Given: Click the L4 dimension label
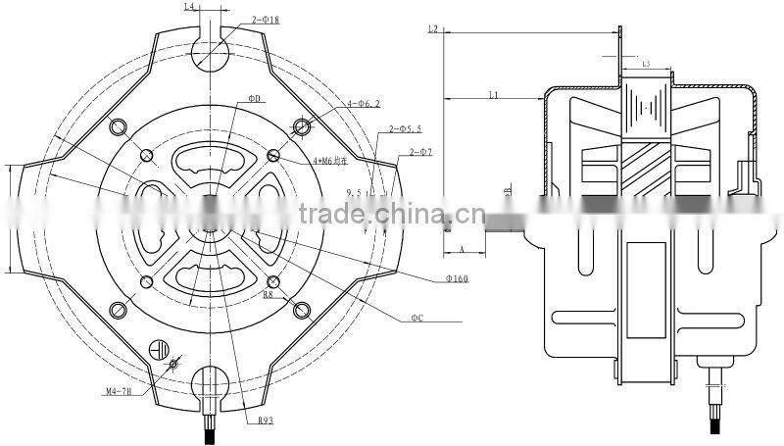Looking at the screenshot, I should pos(191,8).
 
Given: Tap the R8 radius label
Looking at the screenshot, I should pos(269,293).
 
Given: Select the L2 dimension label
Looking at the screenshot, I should pos(432,30).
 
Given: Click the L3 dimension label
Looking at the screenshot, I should pos(647,64).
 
